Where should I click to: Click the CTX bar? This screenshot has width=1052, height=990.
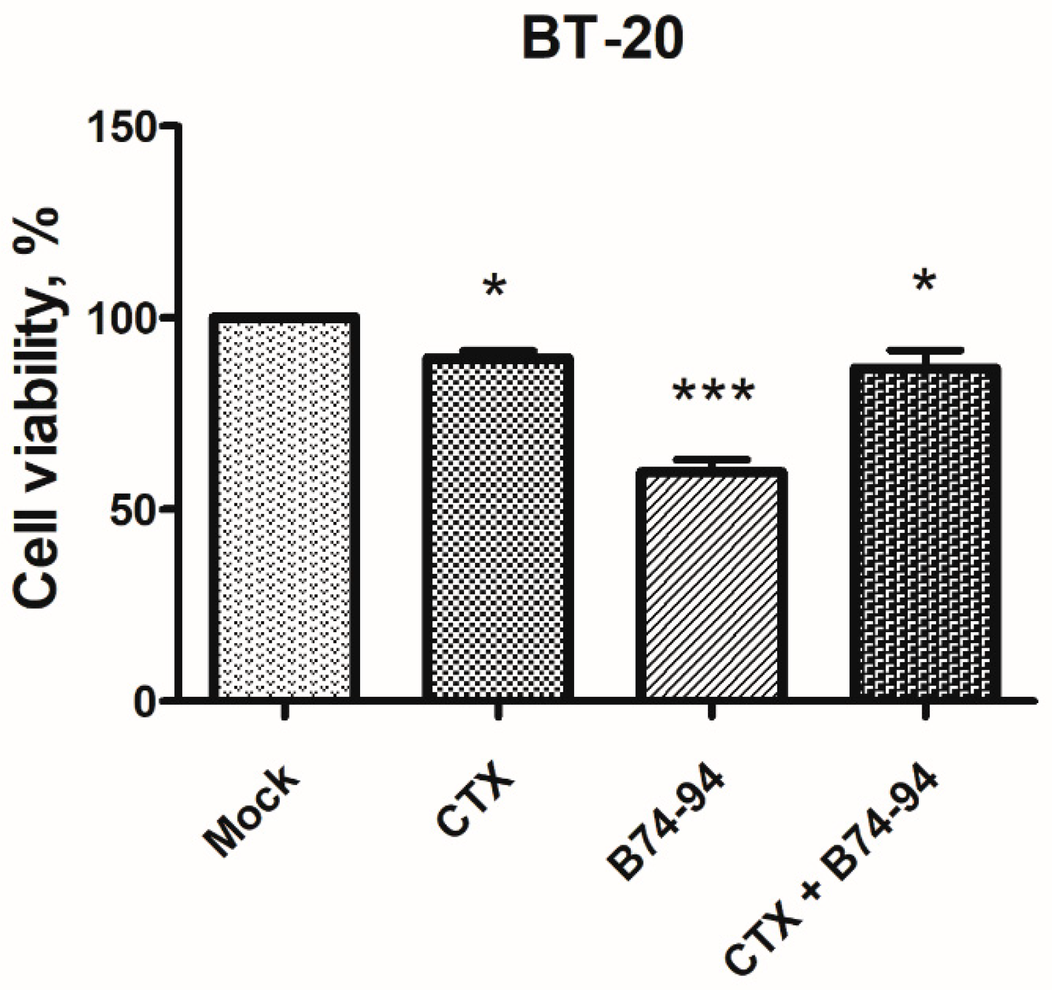pos(497,528)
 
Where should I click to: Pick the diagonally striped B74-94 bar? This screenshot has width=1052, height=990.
pos(711,584)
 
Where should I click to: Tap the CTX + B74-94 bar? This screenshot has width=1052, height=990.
pos(925,532)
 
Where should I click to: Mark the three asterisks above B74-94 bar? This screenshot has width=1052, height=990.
pos(713,391)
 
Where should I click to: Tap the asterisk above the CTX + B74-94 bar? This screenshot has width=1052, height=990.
pos(925,282)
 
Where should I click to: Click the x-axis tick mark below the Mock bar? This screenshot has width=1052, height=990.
pos(284,711)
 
